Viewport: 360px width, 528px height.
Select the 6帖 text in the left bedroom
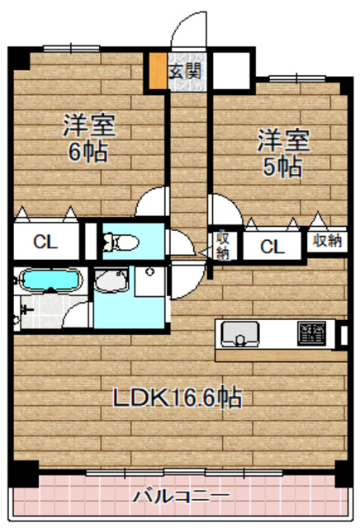(x=89, y=153)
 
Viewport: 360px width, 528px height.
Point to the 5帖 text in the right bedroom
(x=282, y=166)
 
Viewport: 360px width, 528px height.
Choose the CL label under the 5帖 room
(x=272, y=245)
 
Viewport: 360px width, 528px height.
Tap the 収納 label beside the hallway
(x=223, y=245)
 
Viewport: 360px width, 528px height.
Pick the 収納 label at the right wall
(x=325, y=241)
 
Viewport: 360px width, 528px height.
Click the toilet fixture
(x=121, y=242)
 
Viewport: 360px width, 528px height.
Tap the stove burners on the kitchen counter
(x=312, y=332)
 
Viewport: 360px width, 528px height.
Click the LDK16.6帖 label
(x=178, y=398)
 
